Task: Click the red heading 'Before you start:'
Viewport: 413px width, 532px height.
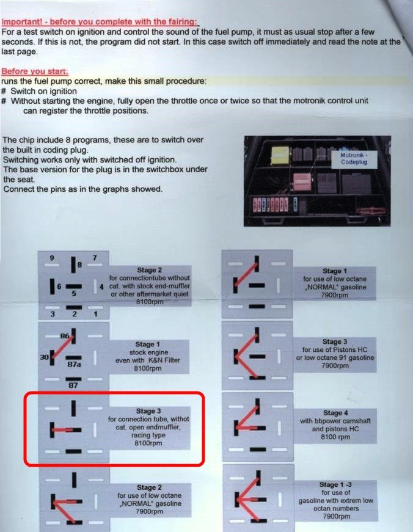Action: (35, 71)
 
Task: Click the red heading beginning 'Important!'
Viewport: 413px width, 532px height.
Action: (100, 22)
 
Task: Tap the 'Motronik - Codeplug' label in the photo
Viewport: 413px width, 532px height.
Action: (354, 158)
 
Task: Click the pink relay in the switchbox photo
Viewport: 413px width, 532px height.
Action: (302, 182)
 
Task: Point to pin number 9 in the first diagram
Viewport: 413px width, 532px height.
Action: (52, 258)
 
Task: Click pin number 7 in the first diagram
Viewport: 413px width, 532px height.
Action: (95, 258)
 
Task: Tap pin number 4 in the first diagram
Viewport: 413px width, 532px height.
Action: (101, 287)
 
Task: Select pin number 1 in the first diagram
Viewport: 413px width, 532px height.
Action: (96, 314)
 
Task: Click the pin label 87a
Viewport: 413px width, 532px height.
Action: (74, 365)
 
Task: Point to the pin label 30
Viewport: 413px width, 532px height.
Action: (44, 357)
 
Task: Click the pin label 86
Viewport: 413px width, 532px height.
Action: (65, 336)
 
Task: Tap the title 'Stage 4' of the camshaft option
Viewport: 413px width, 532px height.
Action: (335, 413)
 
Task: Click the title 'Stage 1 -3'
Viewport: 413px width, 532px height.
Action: (335, 484)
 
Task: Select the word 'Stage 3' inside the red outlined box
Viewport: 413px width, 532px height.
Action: (148, 411)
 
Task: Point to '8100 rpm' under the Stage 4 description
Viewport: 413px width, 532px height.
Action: (335, 437)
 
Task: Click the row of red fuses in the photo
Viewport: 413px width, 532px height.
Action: (271, 205)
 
